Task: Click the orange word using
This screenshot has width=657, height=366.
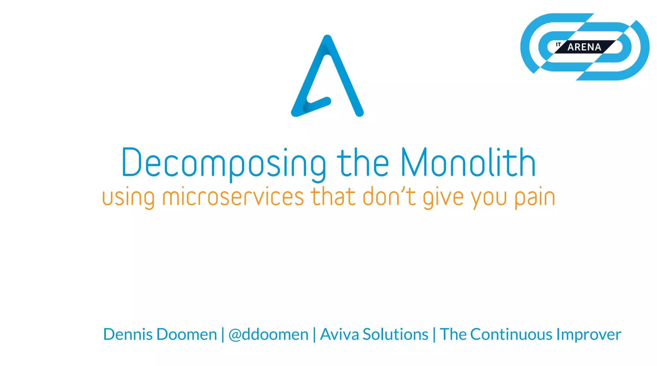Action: tap(128, 197)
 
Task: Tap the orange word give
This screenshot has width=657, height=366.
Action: tap(443, 197)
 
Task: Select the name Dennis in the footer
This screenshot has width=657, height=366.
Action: tap(128, 334)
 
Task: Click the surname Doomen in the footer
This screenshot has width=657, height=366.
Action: tap(187, 334)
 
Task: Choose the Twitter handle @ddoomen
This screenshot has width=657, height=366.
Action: tap(268, 335)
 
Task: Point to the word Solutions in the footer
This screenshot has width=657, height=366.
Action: tap(395, 334)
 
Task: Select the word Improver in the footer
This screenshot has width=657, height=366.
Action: tap(589, 335)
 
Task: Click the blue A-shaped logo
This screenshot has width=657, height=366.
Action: tap(327, 77)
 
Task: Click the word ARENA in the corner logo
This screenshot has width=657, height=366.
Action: tap(584, 47)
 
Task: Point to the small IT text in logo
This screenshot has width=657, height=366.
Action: tap(559, 44)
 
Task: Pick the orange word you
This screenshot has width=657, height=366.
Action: tap(489, 197)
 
